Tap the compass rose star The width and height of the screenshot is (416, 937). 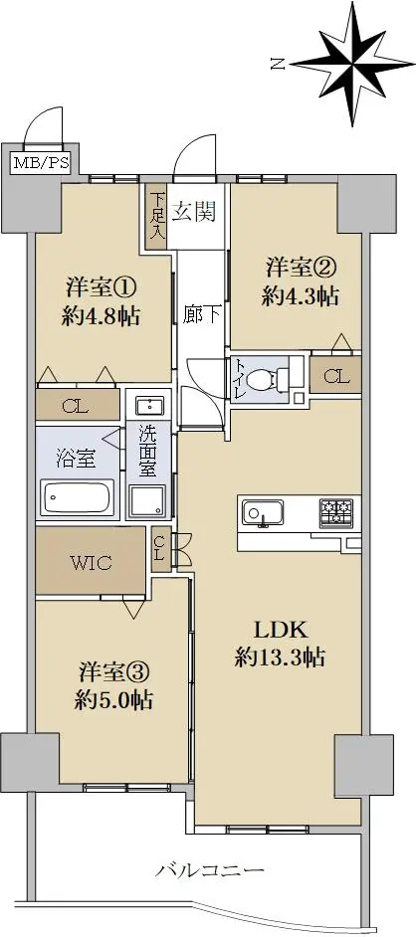(352, 63)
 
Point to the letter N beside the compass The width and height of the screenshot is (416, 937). (277, 64)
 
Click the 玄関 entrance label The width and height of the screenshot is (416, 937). (194, 212)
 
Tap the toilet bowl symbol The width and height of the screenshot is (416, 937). (267, 378)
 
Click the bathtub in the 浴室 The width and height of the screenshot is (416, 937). (77, 496)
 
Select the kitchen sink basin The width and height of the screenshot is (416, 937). (259, 512)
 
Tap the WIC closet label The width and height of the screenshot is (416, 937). (91, 562)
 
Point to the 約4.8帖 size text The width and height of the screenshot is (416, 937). (101, 316)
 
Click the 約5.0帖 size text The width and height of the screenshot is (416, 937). (113, 698)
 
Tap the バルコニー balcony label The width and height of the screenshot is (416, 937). (210, 870)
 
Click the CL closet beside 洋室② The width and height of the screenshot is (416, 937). (335, 376)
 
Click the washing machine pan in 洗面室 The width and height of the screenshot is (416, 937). (148, 502)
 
